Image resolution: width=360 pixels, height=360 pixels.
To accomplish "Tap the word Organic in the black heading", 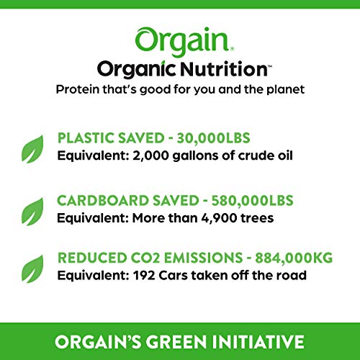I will pyautogui.click(x=132, y=71).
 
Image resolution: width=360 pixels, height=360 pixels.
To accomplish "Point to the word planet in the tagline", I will pyautogui.click(x=282, y=90).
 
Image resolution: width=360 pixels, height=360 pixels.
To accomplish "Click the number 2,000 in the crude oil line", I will pyautogui.click(x=145, y=153).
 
